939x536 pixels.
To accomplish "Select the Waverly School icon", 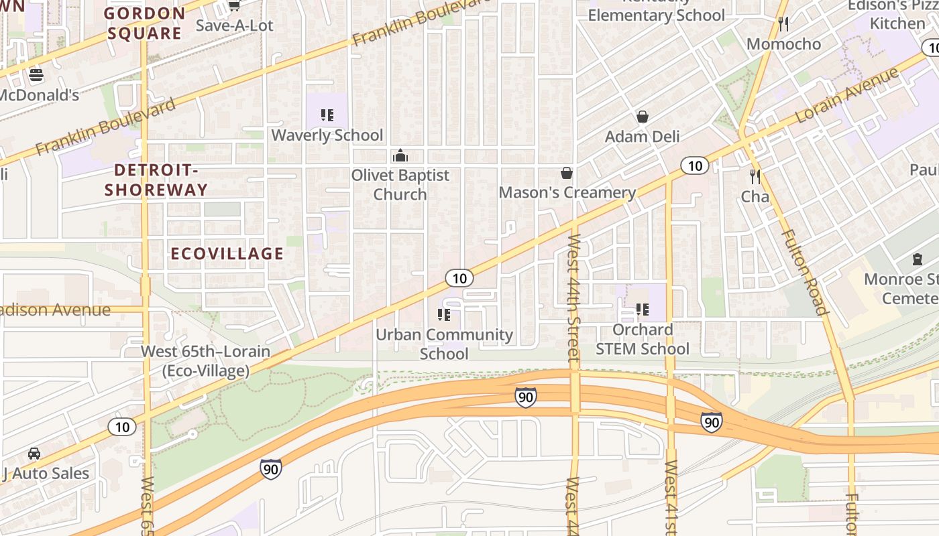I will coord(327,115).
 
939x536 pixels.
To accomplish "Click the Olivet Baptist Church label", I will coord(400,185).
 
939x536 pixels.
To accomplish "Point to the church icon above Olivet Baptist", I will coord(400,156).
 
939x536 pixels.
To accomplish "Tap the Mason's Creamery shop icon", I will coord(567,173).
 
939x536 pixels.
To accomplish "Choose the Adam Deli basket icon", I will coord(643,117).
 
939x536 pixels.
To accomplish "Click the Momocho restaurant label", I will coord(783,44).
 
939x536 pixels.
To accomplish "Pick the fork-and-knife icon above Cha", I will coord(755,177).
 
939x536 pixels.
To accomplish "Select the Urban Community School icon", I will coord(443,314).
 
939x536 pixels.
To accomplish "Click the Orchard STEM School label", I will coord(642,339).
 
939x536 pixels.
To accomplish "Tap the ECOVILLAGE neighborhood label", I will coord(227,253).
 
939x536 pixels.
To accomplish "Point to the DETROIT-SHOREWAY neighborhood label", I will coord(156,180).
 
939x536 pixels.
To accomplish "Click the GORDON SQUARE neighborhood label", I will coord(144,23).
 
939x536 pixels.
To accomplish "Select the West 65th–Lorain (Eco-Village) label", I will coord(205,360).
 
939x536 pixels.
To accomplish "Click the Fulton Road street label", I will coord(802,271).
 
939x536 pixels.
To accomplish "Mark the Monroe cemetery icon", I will coord(917,259).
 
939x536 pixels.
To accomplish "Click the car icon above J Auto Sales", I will coord(34,454).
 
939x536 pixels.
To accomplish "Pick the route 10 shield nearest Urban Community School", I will coord(459,277).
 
